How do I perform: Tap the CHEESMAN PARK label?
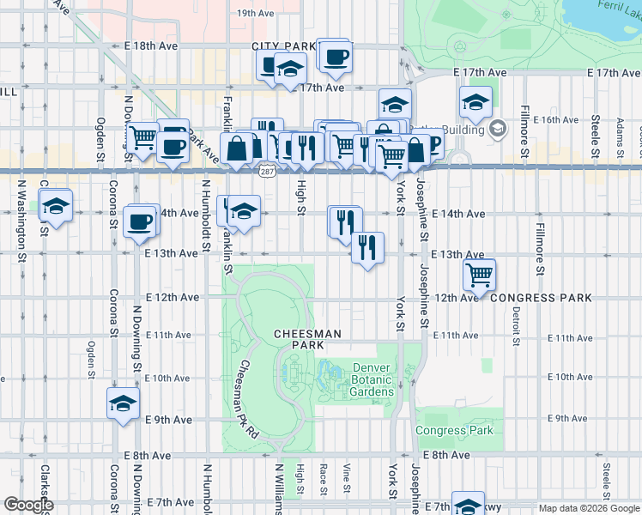[x=307, y=339]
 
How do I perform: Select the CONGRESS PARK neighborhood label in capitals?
[x=541, y=297]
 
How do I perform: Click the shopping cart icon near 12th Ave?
[x=479, y=275]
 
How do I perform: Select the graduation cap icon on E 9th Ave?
[x=123, y=403]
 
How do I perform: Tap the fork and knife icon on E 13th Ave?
[x=367, y=248]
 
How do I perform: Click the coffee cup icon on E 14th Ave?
[x=140, y=221]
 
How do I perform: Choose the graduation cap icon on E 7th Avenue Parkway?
[x=469, y=505]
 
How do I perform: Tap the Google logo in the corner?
[x=27, y=505]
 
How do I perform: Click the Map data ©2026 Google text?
[x=589, y=508]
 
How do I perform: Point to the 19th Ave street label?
[x=255, y=13]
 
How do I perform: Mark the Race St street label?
[x=324, y=480]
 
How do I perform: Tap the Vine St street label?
[x=347, y=480]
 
